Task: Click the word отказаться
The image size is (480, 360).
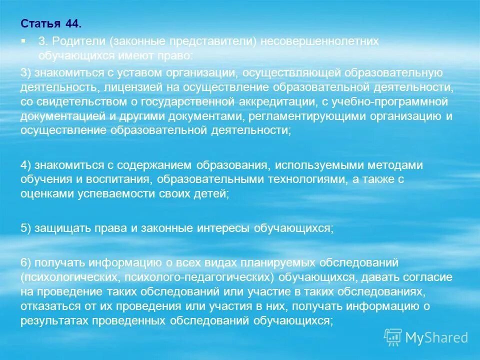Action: coord(46,306)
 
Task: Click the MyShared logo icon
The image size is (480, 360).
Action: coord(393,337)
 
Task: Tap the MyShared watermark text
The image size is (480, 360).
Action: coord(436,337)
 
